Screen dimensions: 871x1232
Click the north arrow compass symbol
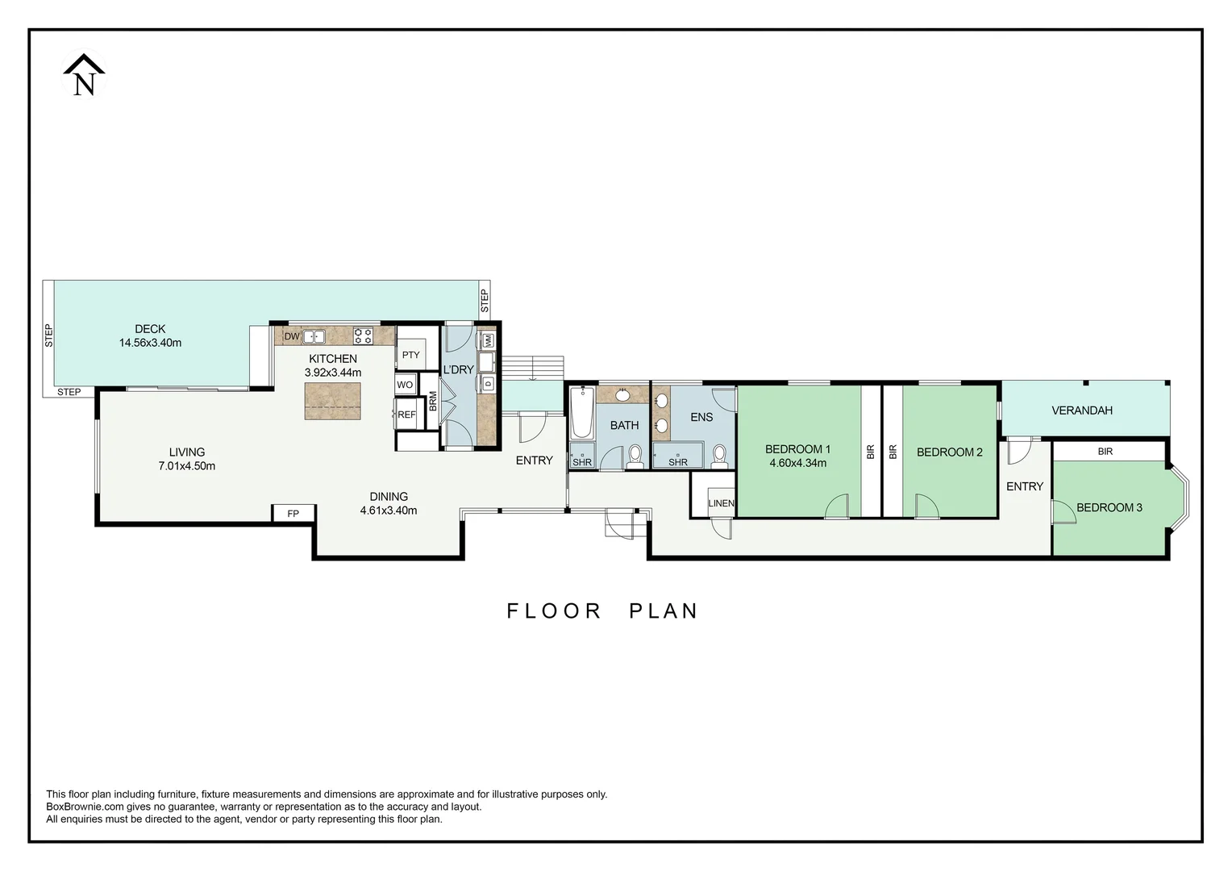[x=84, y=75]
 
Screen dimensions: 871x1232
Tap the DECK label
[x=150, y=329]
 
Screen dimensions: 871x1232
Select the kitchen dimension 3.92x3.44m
[x=332, y=373]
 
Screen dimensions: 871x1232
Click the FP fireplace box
[x=293, y=513]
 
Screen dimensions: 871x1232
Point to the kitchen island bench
[x=332, y=401]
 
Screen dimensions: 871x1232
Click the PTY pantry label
[x=410, y=355]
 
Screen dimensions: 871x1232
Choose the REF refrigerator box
[x=406, y=415]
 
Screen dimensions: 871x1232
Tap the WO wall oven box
[x=405, y=385]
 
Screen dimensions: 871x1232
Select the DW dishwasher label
[x=292, y=336]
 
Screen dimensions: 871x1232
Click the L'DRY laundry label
[x=458, y=369]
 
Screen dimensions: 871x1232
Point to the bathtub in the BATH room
[x=581, y=412]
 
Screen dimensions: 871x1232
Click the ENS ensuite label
[x=701, y=417]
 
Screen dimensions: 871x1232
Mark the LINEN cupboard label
[x=721, y=503]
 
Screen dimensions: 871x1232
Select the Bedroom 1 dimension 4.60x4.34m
[x=797, y=463]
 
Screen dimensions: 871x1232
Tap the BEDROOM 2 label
[x=949, y=452]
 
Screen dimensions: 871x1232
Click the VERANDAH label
[x=1081, y=410]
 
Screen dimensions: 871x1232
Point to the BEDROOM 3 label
[x=1109, y=507]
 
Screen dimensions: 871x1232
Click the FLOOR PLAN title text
[x=601, y=611]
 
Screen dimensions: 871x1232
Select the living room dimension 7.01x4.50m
[x=187, y=466]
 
